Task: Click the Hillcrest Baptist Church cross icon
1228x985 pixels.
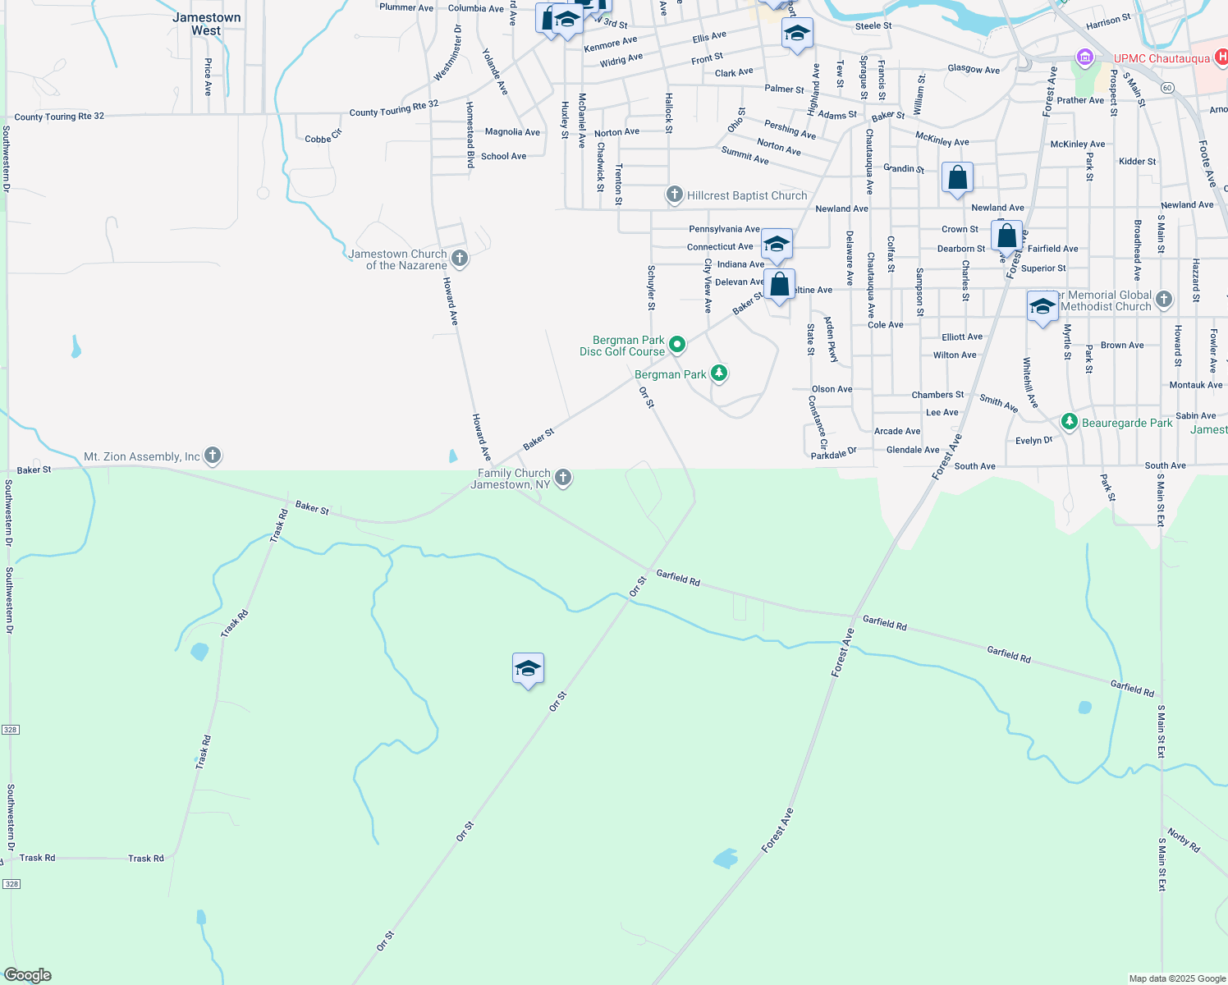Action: coord(674,195)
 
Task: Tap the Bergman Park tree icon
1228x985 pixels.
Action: coord(719,373)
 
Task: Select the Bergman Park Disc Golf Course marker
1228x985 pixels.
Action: coord(677,345)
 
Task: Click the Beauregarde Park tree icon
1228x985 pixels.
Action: coord(1069,422)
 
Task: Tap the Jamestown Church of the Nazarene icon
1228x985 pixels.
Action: coord(460,259)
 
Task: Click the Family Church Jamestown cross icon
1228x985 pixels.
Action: coord(563,478)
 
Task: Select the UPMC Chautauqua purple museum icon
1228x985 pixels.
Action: coord(1085,57)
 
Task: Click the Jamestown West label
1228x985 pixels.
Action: coord(207,24)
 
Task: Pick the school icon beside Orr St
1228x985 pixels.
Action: coord(528,668)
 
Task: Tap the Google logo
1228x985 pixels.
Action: coord(28,975)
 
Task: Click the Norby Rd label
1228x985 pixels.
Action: coord(1184,841)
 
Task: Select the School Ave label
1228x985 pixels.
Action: coord(503,156)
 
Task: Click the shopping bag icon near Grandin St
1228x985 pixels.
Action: coord(957,177)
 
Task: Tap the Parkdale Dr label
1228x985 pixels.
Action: coord(833,454)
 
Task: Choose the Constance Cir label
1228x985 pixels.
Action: coord(818,422)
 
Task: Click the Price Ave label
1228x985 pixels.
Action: coord(208,77)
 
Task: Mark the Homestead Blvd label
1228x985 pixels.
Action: coord(470,135)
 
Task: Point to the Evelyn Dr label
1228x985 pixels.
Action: coord(1033,441)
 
